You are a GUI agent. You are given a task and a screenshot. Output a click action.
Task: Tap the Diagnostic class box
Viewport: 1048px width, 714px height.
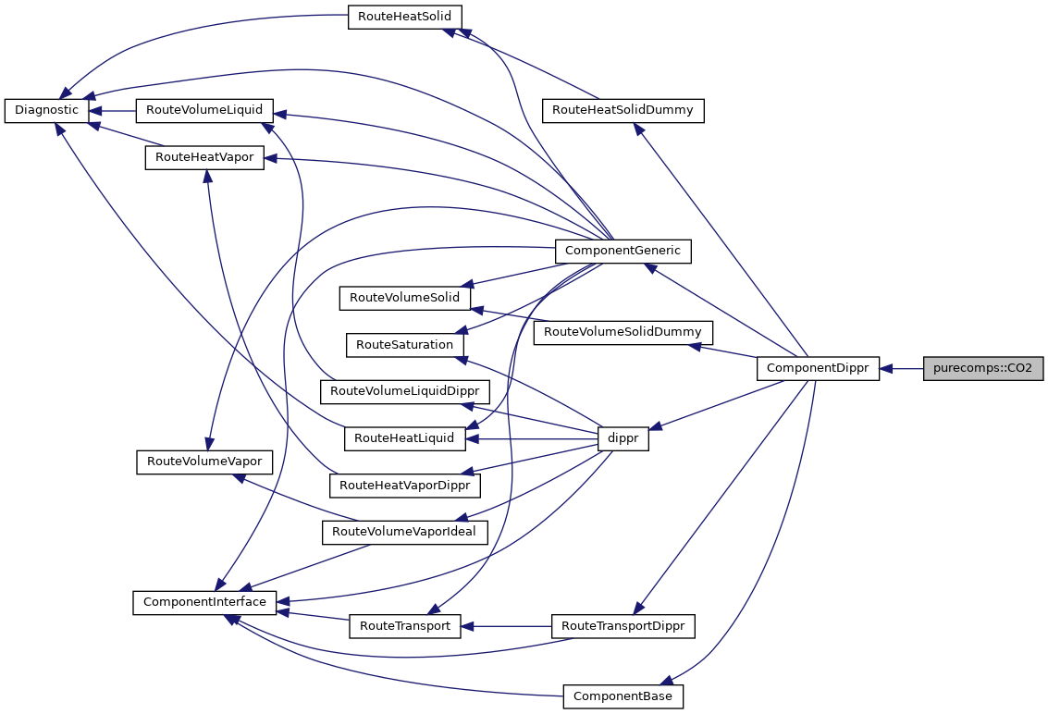click(x=47, y=110)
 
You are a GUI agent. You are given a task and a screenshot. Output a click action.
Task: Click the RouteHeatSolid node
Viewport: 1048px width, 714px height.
click(x=404, y=17)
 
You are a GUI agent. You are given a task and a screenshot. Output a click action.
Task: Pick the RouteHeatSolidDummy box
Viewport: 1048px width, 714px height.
click(x=623, y=110)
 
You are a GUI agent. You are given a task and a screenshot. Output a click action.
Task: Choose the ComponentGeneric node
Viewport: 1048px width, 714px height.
click(x=623, y=250)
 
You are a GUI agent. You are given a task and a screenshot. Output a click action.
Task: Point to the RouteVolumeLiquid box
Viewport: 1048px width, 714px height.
click(x=203, y=110)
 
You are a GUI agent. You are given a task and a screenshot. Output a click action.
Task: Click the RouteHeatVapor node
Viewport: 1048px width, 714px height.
click(x=204, y=157)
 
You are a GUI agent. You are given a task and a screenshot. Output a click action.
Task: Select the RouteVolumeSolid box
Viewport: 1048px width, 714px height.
click(x=405, y=298)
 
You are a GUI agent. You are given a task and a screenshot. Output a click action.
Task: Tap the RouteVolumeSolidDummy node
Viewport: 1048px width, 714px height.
click(x=623, y=331)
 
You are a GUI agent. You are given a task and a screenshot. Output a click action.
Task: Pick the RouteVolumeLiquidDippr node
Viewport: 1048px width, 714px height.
click(x=404, y=391)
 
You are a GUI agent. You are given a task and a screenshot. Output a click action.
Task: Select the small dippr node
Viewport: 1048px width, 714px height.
click(x=623, y=438)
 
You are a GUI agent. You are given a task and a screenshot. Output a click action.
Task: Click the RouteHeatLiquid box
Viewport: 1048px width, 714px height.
click(x=404, y=438)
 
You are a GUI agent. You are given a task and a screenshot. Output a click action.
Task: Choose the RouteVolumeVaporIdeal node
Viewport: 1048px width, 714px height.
click(x=404, y=532)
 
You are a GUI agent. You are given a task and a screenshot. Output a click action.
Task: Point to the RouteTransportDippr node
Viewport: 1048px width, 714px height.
click(x=623, y=626)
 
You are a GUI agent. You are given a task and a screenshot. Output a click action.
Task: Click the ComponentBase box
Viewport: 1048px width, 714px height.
click(x=623, y=696)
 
